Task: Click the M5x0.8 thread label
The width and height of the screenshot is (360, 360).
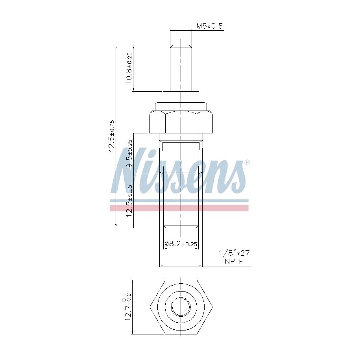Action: (x=210, y=26)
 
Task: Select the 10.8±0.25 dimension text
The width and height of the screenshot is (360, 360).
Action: (x=129, y=68)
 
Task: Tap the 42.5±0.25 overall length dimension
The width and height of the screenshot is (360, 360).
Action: (x=112, y=137)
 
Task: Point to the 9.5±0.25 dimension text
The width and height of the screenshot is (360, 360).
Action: (x=130, y=153)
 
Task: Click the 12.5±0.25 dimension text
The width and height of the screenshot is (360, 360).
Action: (x=130, y=201)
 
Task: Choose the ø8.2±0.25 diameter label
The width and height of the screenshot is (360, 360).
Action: (x=181, y=244)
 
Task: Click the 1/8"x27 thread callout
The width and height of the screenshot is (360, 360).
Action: (x=234, y=253)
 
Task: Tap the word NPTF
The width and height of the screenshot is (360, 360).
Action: (x=234, y=261)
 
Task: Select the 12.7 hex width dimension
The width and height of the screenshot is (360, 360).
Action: (x=127, y=307)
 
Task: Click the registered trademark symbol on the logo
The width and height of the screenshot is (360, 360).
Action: (x=247, y=162)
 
